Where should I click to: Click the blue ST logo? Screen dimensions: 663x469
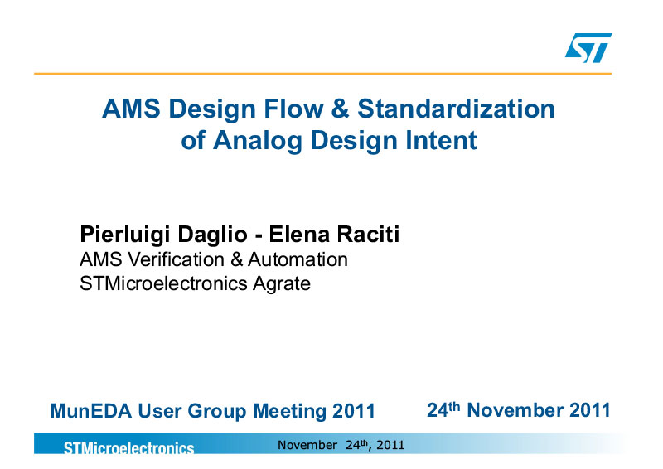pos(588,47)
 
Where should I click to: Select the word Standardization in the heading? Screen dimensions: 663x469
pos(457,109)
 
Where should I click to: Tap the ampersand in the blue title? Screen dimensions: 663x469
pos(341,109)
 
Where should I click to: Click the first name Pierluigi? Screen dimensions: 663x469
pos(125,235)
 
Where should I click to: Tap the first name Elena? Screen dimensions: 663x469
pos(299,234)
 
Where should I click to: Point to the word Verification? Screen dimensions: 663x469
pos(176,259)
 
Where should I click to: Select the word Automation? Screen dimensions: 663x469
pos(298,259)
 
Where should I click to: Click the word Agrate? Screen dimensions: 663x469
pos(281,284)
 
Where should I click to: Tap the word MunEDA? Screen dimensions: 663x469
pos(91,411)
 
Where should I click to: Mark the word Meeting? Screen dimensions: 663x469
pos(289,412)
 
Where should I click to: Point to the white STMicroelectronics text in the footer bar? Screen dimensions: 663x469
pos(128,447)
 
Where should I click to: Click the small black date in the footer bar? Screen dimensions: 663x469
pos(341,445)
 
